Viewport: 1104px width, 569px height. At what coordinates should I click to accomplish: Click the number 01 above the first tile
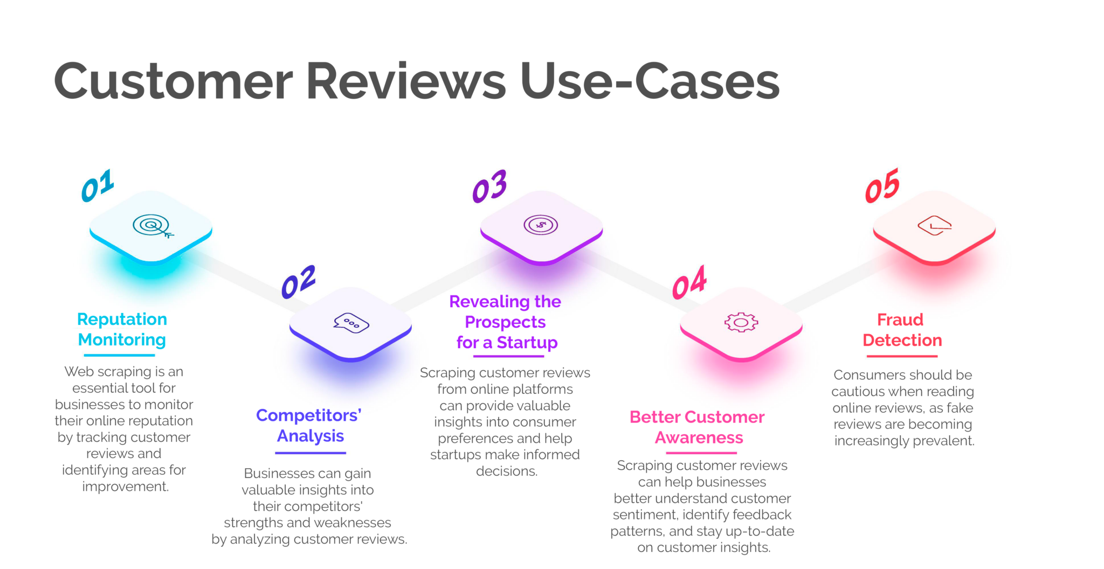pos(98,186)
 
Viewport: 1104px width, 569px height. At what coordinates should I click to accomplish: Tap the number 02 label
pos(299,282)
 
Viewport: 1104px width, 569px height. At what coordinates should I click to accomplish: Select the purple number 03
pos(489,186)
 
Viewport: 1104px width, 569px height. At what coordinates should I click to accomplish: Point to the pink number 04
pos(689,282)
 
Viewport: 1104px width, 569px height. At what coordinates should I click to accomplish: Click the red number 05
pos(882,186)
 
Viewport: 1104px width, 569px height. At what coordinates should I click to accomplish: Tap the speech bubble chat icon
pos(351,323)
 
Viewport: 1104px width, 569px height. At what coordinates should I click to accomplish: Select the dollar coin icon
pos(541,225)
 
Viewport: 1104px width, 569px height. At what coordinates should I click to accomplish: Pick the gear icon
pos(741,322)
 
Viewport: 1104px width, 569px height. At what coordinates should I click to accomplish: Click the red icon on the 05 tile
pos(935,225)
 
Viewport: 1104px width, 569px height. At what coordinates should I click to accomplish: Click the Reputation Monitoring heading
pos(122,329)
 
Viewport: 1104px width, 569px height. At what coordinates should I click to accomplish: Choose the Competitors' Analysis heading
pos(309,425)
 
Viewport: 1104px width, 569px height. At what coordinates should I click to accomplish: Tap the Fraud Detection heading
pos(902,330)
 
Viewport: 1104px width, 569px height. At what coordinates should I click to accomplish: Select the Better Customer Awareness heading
pos(698,427)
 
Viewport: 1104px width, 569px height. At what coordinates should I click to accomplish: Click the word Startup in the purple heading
pos(527,343)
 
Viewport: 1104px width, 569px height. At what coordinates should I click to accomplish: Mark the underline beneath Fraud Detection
pos(902,356)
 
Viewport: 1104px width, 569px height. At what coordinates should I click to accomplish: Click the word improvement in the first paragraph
pos(126,487)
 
